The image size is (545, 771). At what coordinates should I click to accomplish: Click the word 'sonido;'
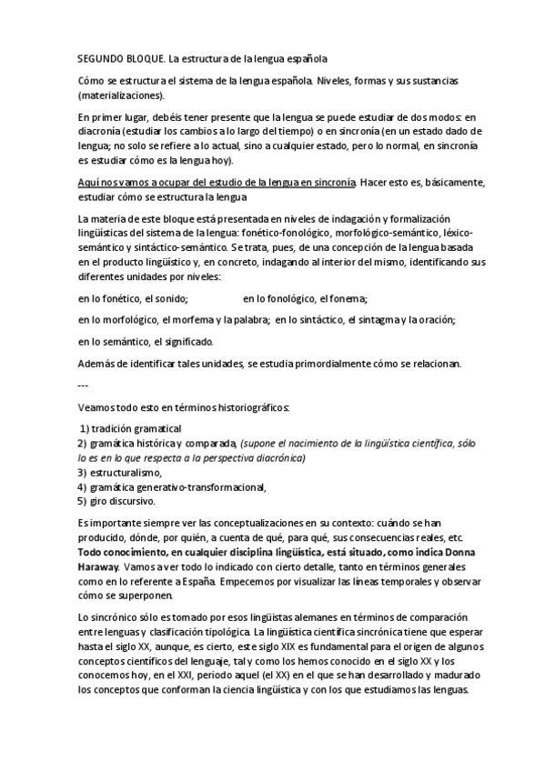(170, 297)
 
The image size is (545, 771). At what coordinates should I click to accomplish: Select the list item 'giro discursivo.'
(123, 501)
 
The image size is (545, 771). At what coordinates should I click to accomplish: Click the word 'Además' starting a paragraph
(98, 365)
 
